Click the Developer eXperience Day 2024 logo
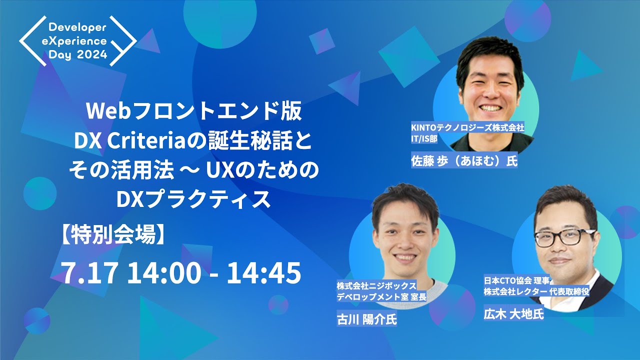click(x=77, y=40)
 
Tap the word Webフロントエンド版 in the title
click(x=194, y=112)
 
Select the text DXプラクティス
click(x=193, y=199)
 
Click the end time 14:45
click(x=263, y=272)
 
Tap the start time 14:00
click(x=164, y=272)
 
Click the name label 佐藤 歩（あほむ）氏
click(x=463, y=161)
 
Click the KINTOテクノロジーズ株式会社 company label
click(x=467, y=128)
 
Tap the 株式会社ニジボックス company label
click(x=376, y=286)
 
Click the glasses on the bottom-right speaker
click(x=563, y=236)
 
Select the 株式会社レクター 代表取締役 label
click(x=536, y=290)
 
